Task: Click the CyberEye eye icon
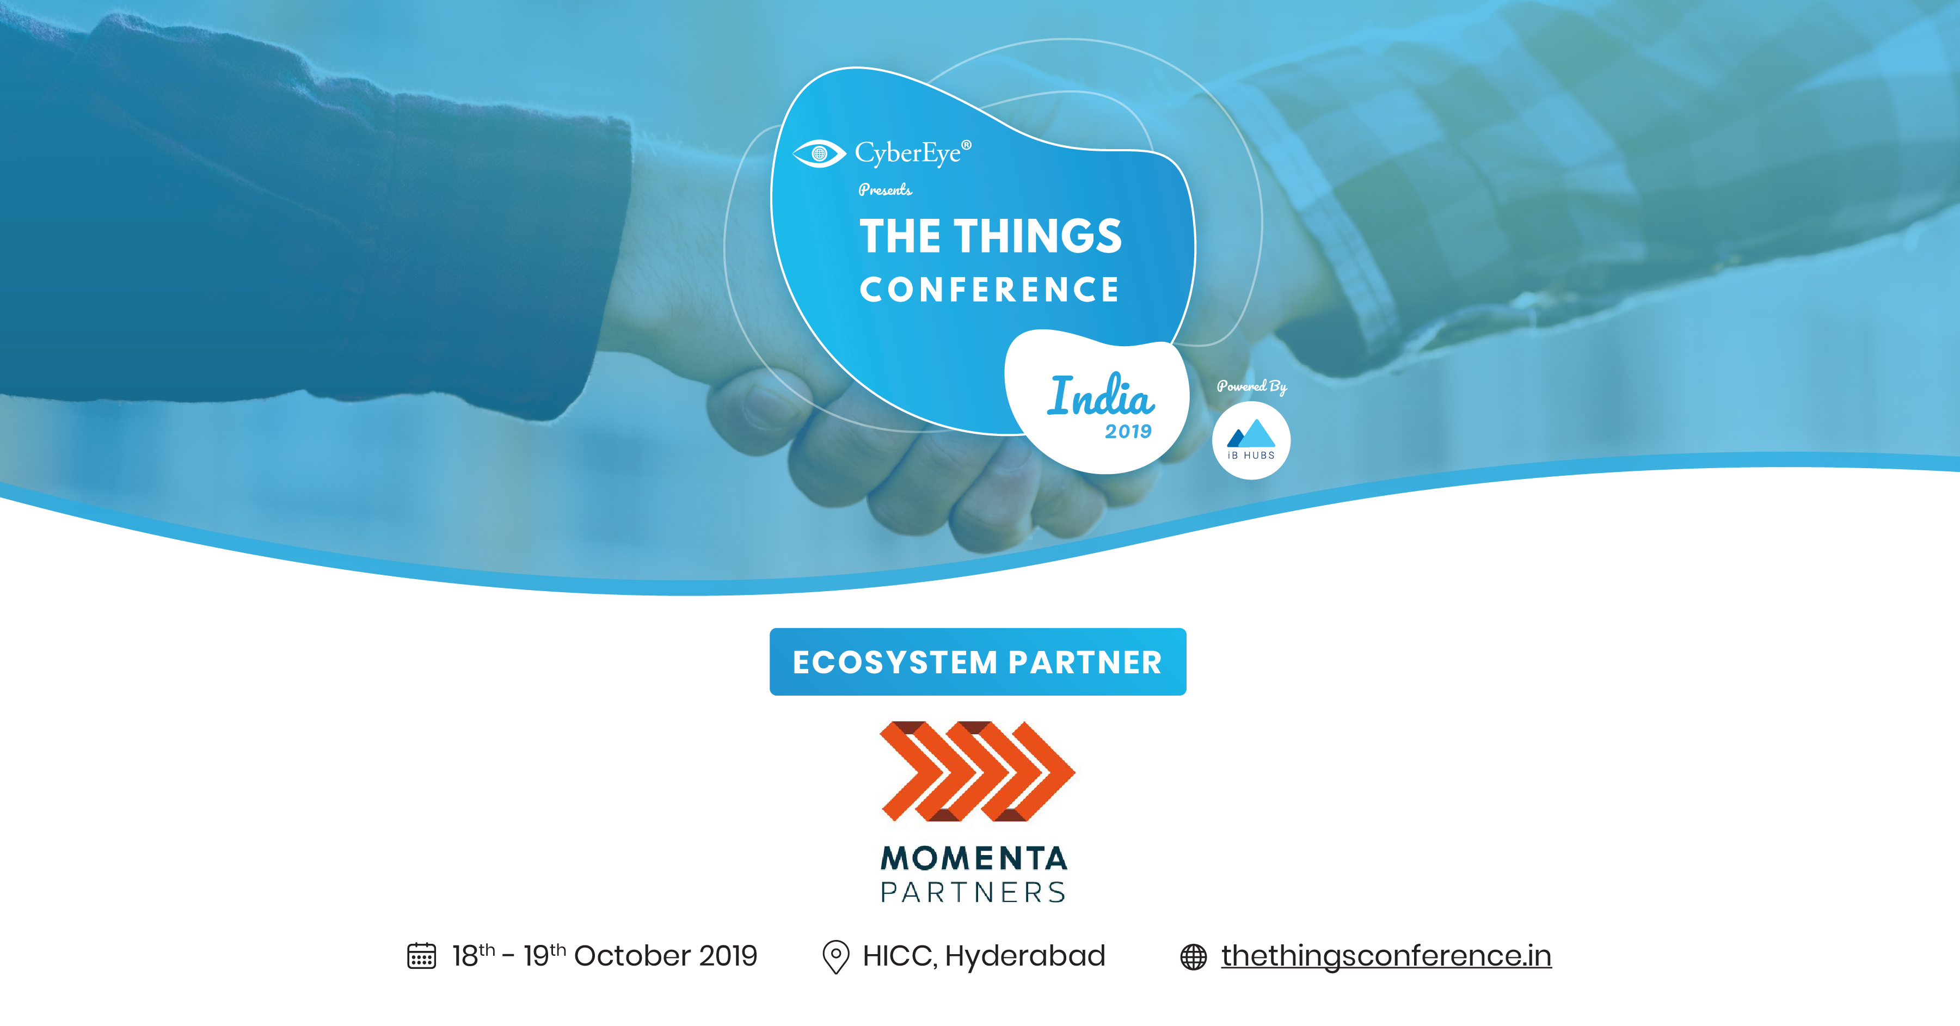(819, 153)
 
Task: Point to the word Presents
(885, 189)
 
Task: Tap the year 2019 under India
(1128, 432)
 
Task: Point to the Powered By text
(1252, 386)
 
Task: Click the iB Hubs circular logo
(1251, 441)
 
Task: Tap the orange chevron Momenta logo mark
(977, 771)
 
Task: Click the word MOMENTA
(974, 858)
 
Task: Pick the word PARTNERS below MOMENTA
(974, 892)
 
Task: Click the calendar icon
(421, 956)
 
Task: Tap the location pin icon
(835, 957)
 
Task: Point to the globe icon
(1193, 957)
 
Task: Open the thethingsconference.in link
(1386, 956)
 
